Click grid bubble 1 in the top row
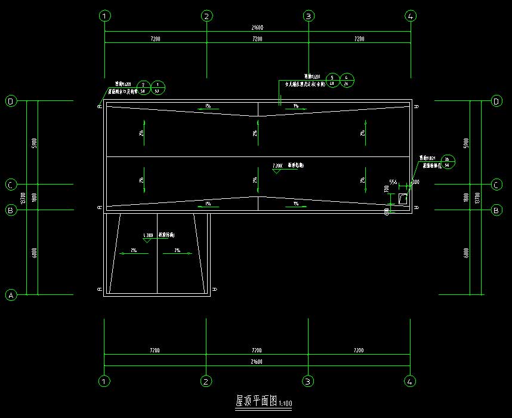coord(105,16)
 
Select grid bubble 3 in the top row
coord(309,16)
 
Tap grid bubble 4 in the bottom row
coord(411,380)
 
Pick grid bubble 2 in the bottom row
coord(206,380)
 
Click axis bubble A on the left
coord(11,295)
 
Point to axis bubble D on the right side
coord(496,102)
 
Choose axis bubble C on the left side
coord(11,185)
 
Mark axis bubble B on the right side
coord(496,210)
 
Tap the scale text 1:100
coord(285,404)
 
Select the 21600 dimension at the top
coord(258,28)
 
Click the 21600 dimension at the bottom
coord(258,362)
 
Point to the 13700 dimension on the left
coord(23,198)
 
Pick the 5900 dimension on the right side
coord(465,143)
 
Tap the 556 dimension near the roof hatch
coord(393,182)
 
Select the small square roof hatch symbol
coord(403,198)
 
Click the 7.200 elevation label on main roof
coord(276,165)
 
